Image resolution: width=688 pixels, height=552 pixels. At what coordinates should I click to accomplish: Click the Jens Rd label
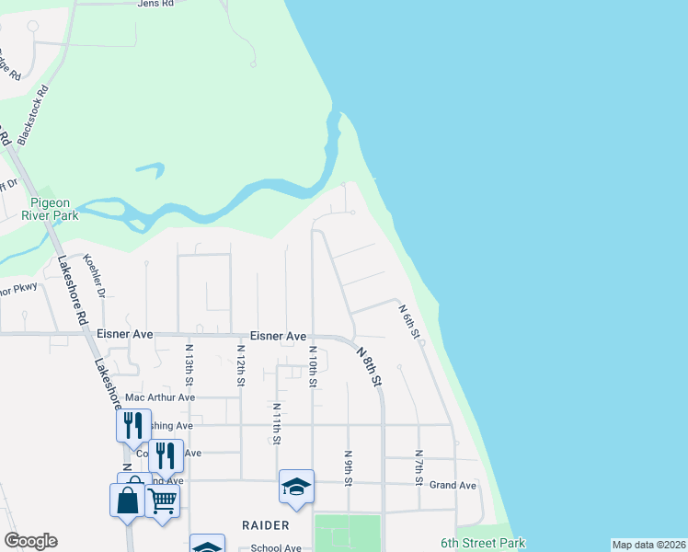point(155,4)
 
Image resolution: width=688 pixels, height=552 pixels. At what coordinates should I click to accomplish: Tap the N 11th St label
point(276,424)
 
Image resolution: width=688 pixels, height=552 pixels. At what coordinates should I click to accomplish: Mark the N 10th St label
point(313,365)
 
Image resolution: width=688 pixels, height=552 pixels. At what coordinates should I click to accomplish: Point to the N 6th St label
point(409,322)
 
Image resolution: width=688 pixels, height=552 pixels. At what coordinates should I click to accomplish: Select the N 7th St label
point(419,467)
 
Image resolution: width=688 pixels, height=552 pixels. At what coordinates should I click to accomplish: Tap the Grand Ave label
point(453,485)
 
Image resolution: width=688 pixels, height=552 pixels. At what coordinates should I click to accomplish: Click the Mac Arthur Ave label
point(160,397)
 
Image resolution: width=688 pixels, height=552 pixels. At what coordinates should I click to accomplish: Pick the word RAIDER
point(266,525)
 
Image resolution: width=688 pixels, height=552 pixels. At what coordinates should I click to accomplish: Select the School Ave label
point(276,548)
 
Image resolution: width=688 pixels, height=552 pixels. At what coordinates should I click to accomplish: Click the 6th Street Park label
point(482,543)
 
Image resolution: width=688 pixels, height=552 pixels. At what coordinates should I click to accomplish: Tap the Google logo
point(30,541)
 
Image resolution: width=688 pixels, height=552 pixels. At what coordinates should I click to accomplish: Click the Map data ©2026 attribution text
point(648,545)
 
